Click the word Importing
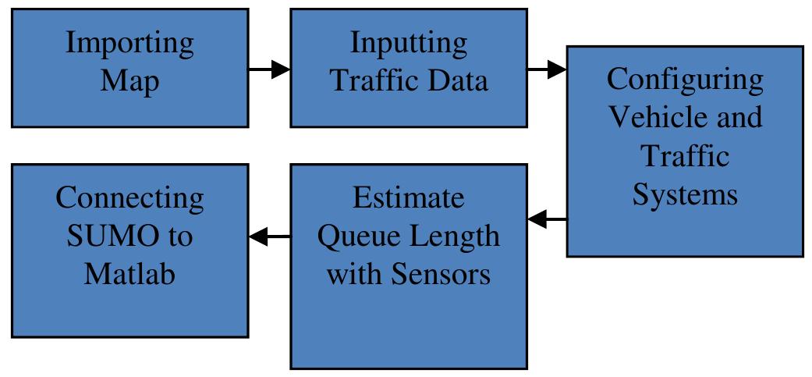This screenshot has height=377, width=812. (129, 44)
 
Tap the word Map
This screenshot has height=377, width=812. (129, 80)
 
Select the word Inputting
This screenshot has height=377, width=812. (409, 44)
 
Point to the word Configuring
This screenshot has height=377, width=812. (685, 80)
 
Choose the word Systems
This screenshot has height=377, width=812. (685, 194)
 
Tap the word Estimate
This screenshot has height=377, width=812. (409, 198)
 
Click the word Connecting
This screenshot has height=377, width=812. (129, 198)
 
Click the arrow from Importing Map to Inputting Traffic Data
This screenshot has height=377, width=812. (269, 69)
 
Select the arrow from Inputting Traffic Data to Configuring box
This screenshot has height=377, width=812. (547, 69)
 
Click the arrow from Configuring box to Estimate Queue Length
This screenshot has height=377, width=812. (547, 221)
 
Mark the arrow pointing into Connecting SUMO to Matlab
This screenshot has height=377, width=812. (269, 235)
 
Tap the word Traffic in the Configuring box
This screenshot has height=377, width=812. (685, 155)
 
